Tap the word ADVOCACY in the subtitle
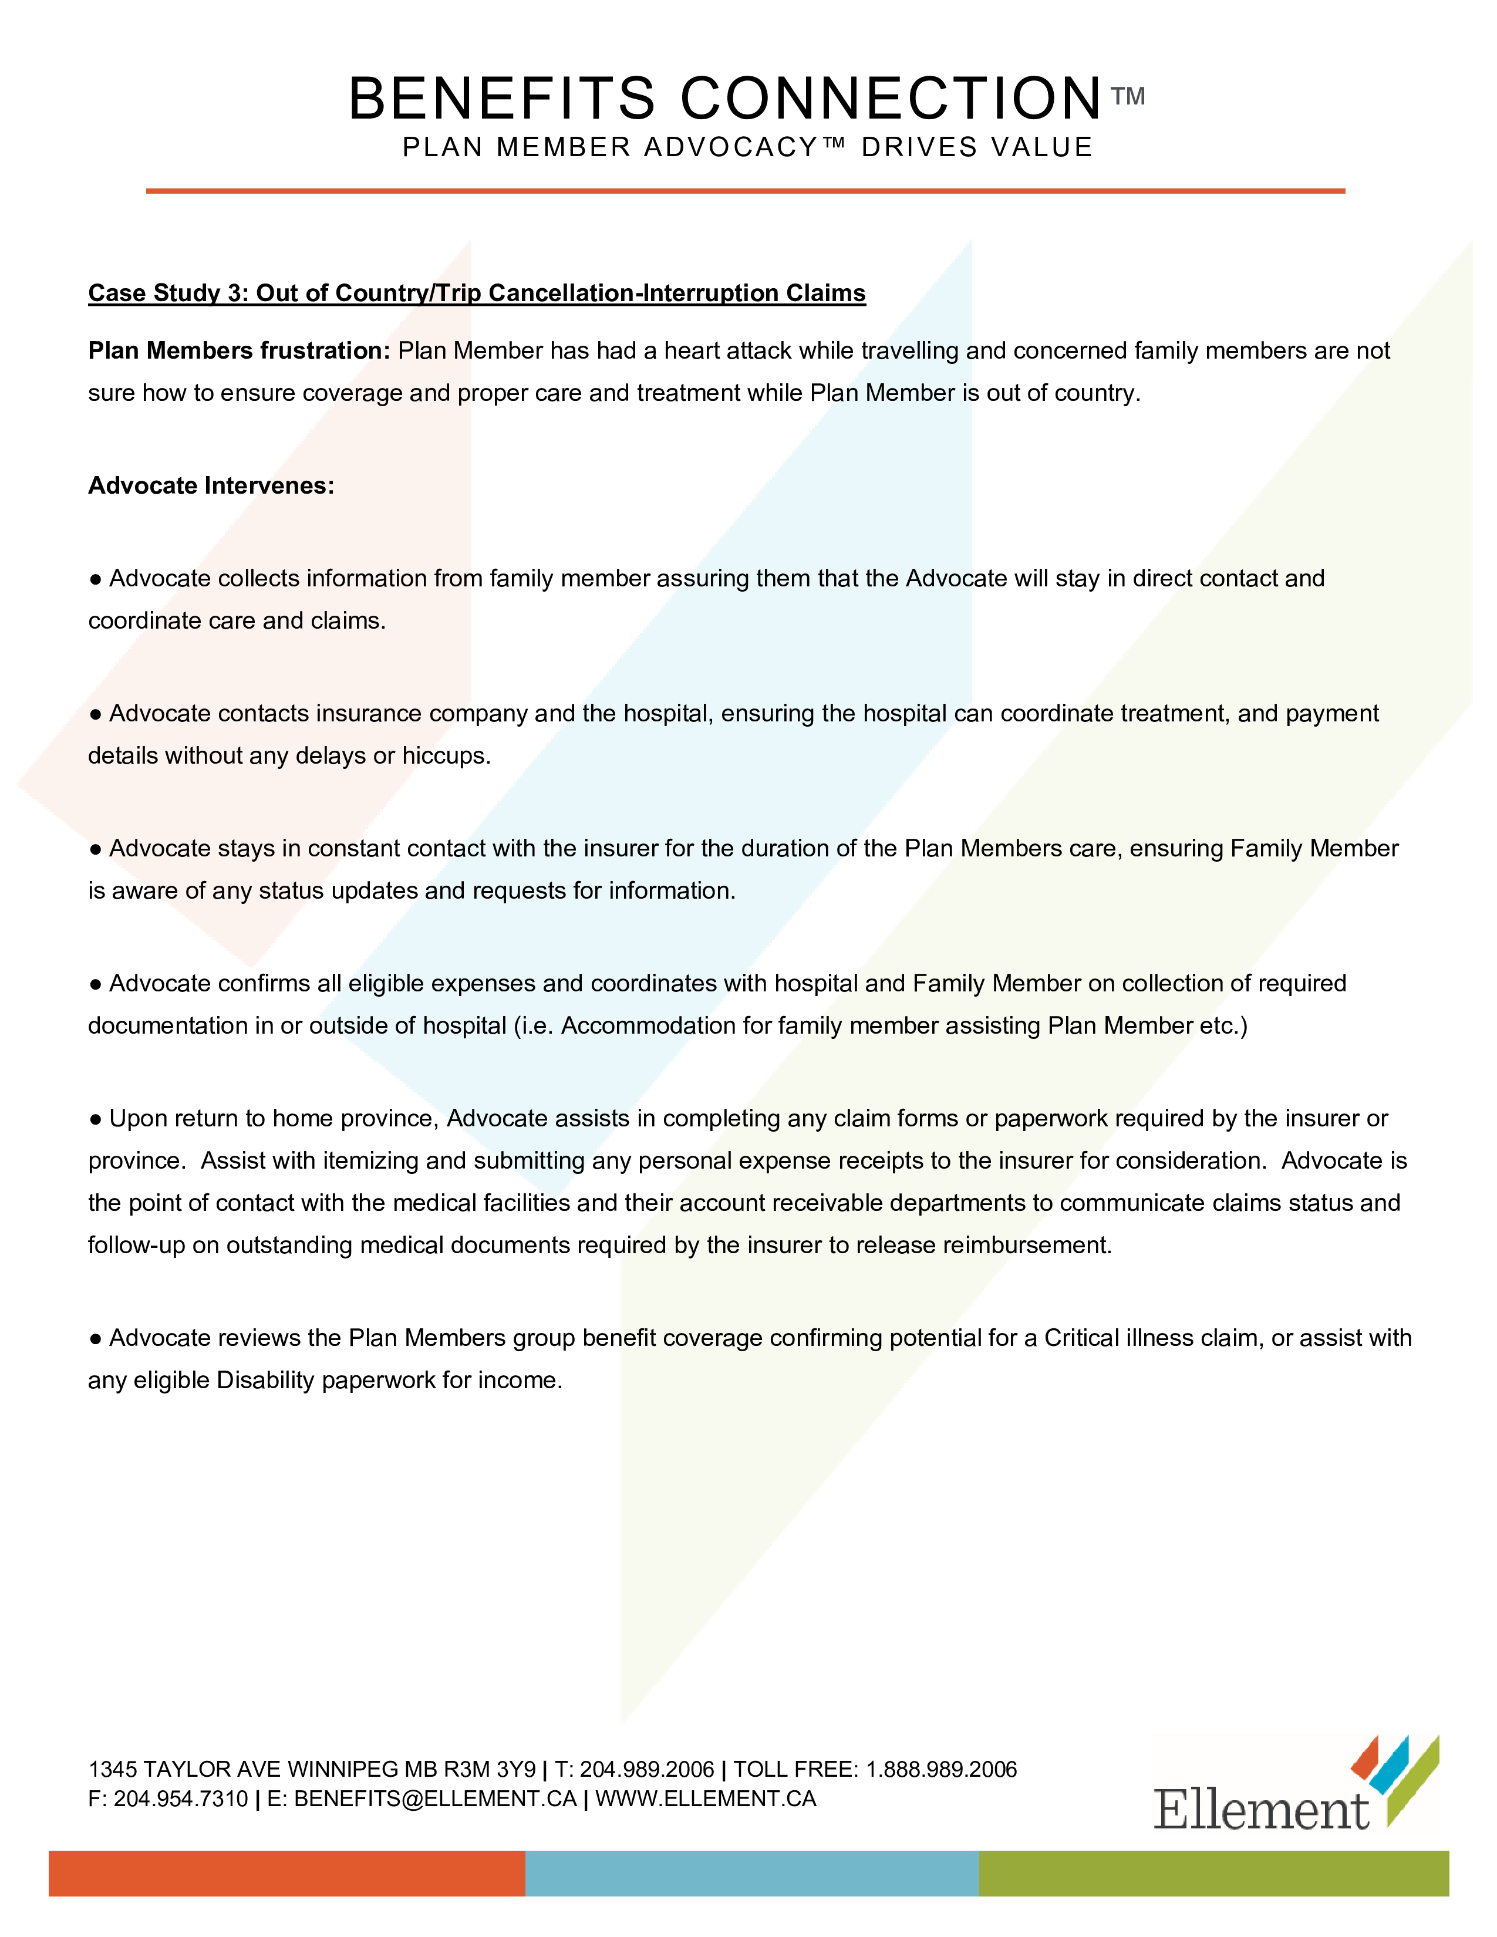pyautogui.click(x=731, y=147)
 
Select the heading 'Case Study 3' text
pyautogui.click(x=476, y=293)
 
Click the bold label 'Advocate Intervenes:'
pyautogui.click(x=211, y=485)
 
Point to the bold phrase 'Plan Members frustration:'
pyautogui.click(x=238, y=350)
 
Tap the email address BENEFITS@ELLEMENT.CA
pyautogui.click(x=434, y=1798)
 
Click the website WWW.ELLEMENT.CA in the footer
pyautogui.click(x=705, y=1798)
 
